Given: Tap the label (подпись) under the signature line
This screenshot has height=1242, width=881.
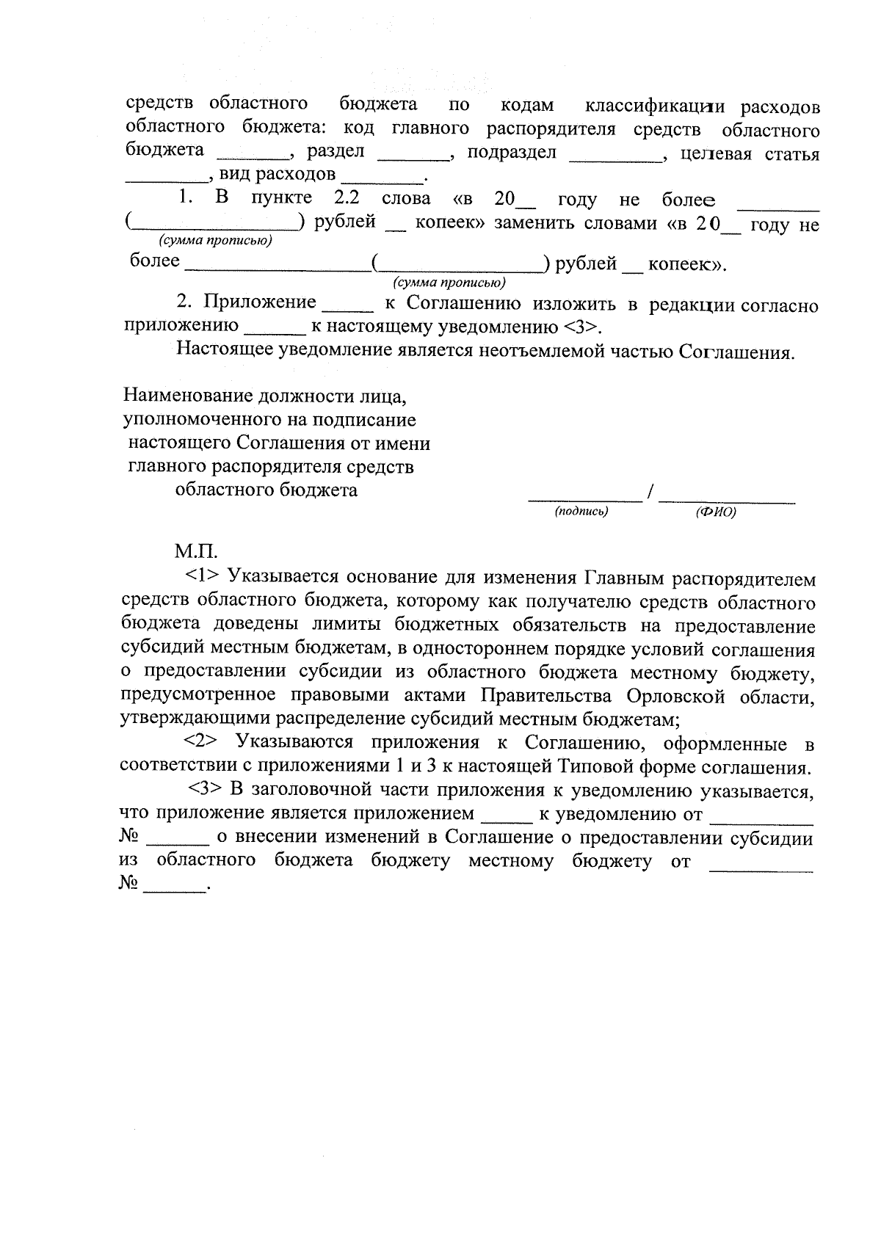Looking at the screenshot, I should [581, 511].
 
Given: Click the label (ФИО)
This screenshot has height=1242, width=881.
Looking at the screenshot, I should [715, 512].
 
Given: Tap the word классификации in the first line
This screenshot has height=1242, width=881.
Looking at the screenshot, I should [653, 107].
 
